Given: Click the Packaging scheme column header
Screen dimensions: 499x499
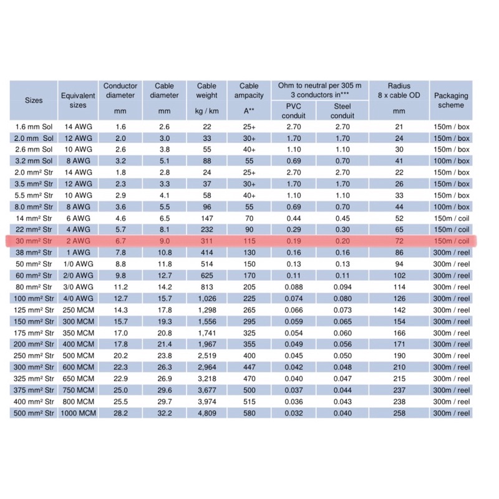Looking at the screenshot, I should point(450,100).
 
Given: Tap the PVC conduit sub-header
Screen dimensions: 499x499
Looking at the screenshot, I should point(293,110).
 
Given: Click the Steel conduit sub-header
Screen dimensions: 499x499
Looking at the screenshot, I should point(342,110).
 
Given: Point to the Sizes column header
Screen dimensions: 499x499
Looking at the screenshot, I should point(34,100).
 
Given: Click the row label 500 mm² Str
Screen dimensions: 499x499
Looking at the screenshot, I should point(34,414).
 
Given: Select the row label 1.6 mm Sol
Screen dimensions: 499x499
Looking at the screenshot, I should point(34,126).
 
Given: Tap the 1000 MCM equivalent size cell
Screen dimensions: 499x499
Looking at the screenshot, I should point(78,414).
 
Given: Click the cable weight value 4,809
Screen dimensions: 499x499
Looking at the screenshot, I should point(206,414).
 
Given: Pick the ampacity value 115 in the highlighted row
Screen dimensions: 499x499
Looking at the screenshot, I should point(249,241).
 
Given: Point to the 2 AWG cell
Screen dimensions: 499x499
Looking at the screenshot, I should point(78,241).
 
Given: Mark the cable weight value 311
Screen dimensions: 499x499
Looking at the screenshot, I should point(206,241).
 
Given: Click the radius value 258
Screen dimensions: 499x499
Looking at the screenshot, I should point(399,414).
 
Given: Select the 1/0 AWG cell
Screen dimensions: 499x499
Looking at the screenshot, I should point(78,264).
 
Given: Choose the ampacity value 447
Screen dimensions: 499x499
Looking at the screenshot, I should point(249,367).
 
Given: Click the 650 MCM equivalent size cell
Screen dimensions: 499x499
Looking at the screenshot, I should point(78,379).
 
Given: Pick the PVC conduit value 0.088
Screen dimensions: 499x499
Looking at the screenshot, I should point(293,287).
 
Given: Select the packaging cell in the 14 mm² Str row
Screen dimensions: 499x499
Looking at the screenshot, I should point(450,218).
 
